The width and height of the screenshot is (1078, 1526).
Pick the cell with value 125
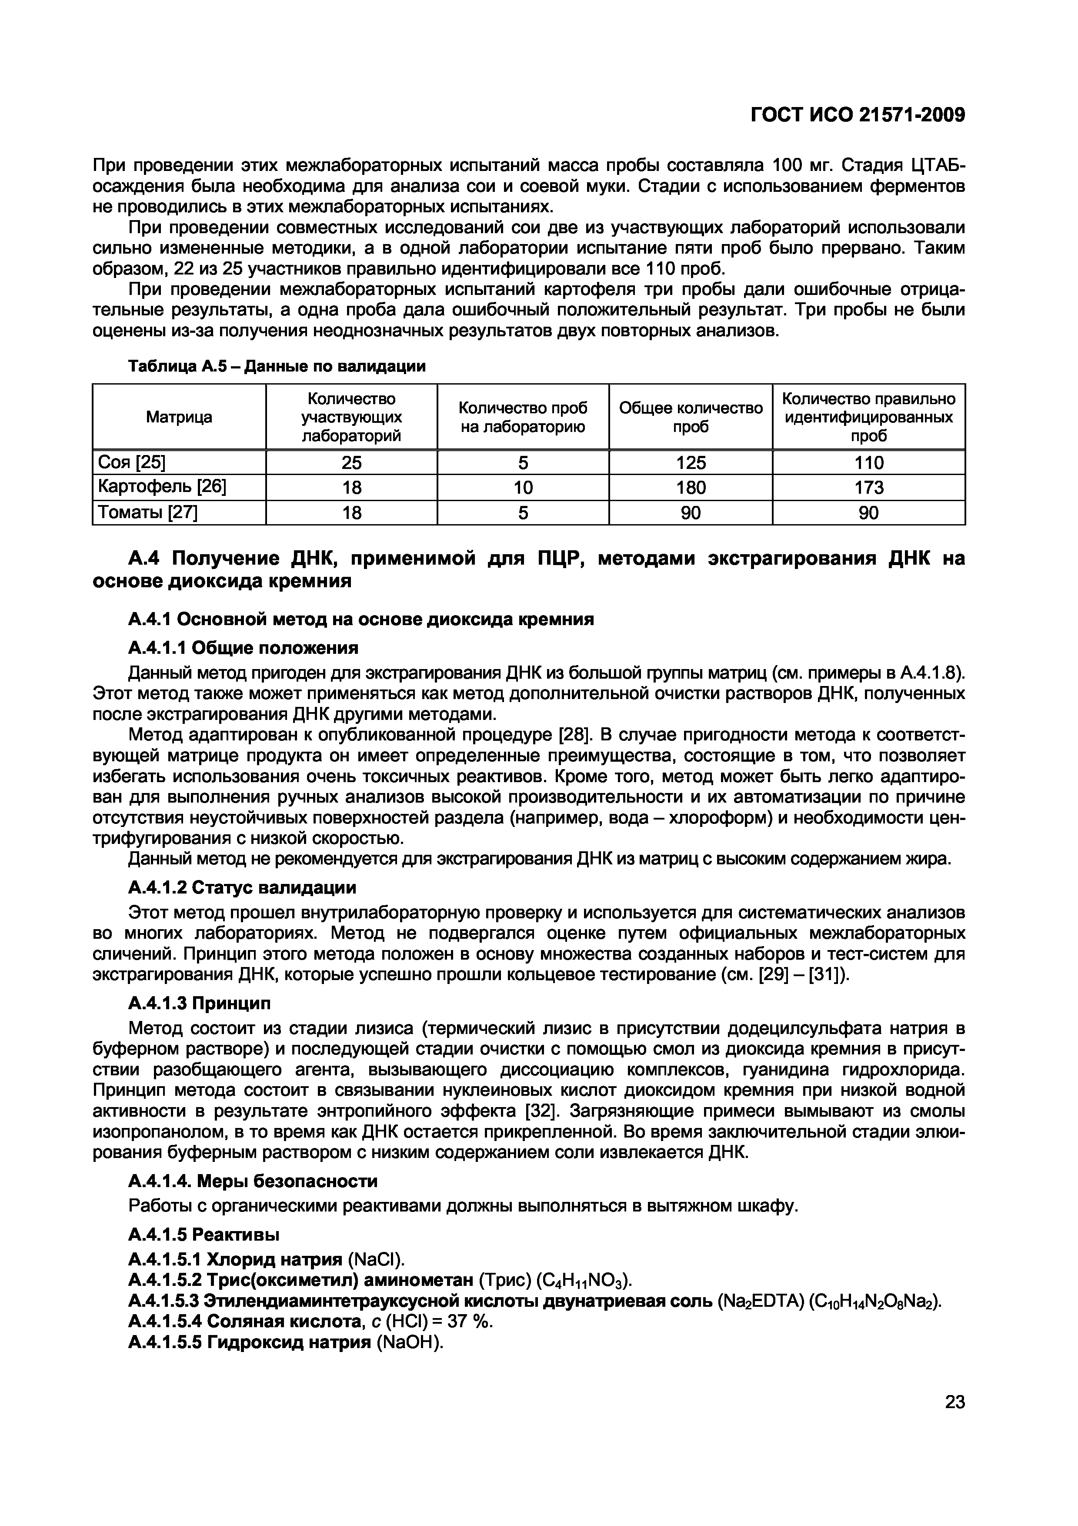tap(691, 462)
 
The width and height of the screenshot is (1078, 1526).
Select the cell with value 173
tap(869, 488)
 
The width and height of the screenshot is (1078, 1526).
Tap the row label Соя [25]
tap(131, 462)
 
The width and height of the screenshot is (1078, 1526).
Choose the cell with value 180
tap(691, 488)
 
